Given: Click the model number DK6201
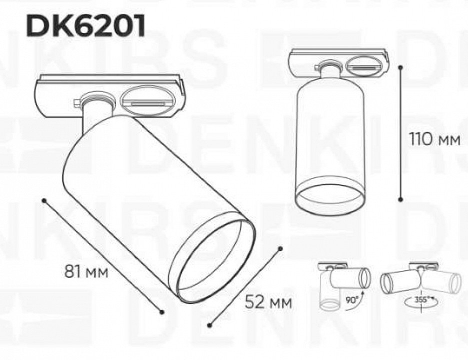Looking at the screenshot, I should click(86, 26).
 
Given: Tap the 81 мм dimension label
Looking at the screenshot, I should click(86, 271).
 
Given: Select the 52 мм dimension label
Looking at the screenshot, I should click(267, 302).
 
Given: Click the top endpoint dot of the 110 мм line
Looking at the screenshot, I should click(400, 66).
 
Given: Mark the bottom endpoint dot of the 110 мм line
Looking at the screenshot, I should click(400, 198).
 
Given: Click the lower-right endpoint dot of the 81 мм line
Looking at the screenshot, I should click(162, 311).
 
